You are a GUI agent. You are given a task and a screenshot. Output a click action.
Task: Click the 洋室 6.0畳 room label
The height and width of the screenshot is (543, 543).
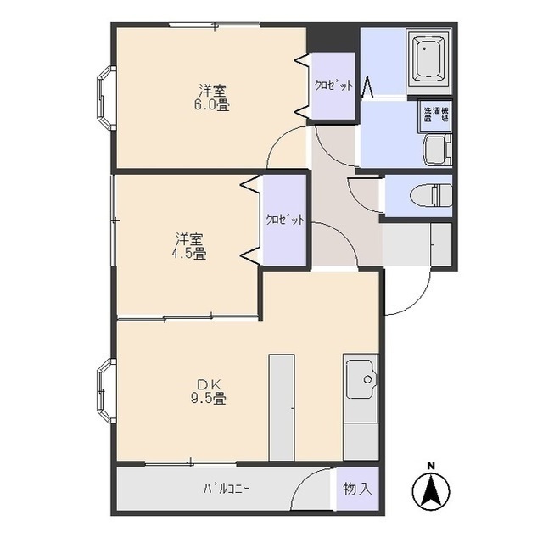pos(212,98)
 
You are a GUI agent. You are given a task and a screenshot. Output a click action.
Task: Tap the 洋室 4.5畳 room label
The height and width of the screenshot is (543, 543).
pos(188,247)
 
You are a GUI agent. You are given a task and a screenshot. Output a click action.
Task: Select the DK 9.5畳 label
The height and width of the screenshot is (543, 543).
pos(209,392)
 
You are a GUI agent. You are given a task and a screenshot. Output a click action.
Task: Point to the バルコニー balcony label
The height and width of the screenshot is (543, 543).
pos(226,489)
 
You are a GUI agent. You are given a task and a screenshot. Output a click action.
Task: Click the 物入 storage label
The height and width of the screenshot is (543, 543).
pos(358,489)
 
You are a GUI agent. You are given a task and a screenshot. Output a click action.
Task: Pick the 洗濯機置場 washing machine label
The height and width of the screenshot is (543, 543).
pos(436,115)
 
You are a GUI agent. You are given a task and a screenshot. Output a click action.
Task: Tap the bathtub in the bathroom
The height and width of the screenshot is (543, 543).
pos(430,59)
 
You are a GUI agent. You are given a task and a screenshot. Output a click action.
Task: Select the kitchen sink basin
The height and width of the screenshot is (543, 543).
pos(361,379)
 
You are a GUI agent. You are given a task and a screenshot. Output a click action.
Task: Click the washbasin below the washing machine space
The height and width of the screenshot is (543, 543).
pos(437,150)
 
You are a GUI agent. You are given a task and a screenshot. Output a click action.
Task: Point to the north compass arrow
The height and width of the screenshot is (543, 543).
pos(431,490)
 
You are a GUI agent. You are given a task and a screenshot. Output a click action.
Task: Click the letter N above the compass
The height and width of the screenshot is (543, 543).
pos(431,466)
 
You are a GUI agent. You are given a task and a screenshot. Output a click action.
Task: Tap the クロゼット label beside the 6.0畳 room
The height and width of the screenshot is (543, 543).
pos(333,85)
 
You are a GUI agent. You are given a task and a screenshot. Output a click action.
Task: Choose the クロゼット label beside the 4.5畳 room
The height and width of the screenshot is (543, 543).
pos(285,220)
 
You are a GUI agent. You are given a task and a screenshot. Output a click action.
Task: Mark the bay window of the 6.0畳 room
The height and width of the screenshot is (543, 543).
pos(105,98)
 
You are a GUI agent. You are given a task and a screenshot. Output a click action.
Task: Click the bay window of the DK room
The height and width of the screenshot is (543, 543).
pos(105,390)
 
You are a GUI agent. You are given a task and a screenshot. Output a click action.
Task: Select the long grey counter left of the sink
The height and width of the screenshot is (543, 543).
pos(282,407)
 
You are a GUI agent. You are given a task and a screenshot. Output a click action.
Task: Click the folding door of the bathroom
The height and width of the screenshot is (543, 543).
pos(367,87)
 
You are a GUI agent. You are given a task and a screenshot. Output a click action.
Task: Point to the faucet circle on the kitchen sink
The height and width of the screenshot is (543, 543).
pos(367,379)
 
